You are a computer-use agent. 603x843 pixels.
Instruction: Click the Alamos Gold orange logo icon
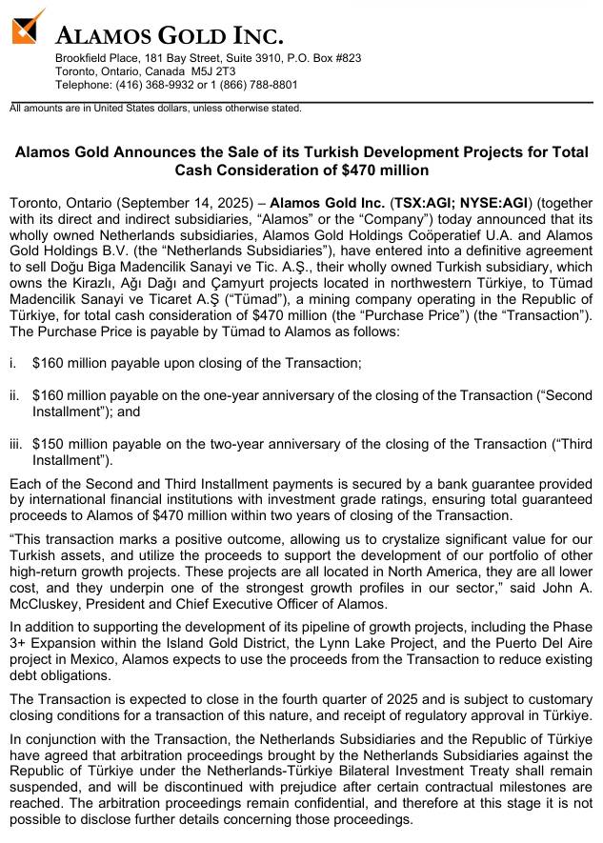tap(29, 26)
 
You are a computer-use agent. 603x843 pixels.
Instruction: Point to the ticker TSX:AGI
tap(427, 203)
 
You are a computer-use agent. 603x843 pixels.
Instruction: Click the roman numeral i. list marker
tap(12, 363)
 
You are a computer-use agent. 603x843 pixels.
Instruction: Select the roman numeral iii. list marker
tap(16, 444)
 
